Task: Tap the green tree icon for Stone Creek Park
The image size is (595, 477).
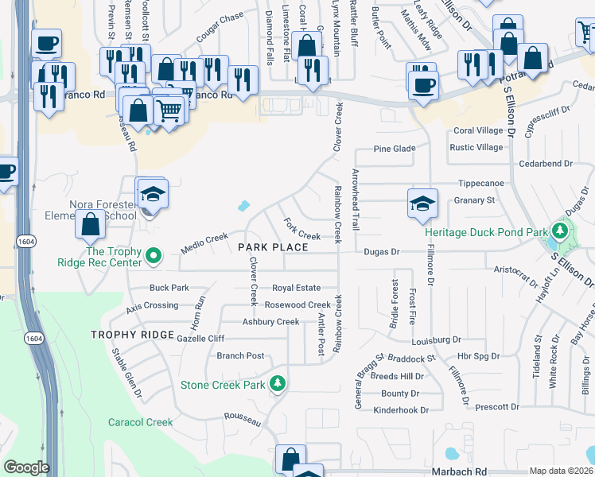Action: (277, 385)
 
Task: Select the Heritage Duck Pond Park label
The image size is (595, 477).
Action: (486, 233)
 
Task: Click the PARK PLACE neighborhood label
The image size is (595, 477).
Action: (273, 248)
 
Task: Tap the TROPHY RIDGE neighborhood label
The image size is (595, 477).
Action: (132, 335)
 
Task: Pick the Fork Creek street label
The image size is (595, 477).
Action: (302, 236)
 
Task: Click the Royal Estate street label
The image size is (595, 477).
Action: (296, 288)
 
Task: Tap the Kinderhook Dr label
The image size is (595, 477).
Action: (401, 410)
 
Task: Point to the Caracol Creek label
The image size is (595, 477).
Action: (141, 422)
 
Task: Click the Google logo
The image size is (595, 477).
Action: (26, 467)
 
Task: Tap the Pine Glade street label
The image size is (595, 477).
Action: (395, 149)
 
